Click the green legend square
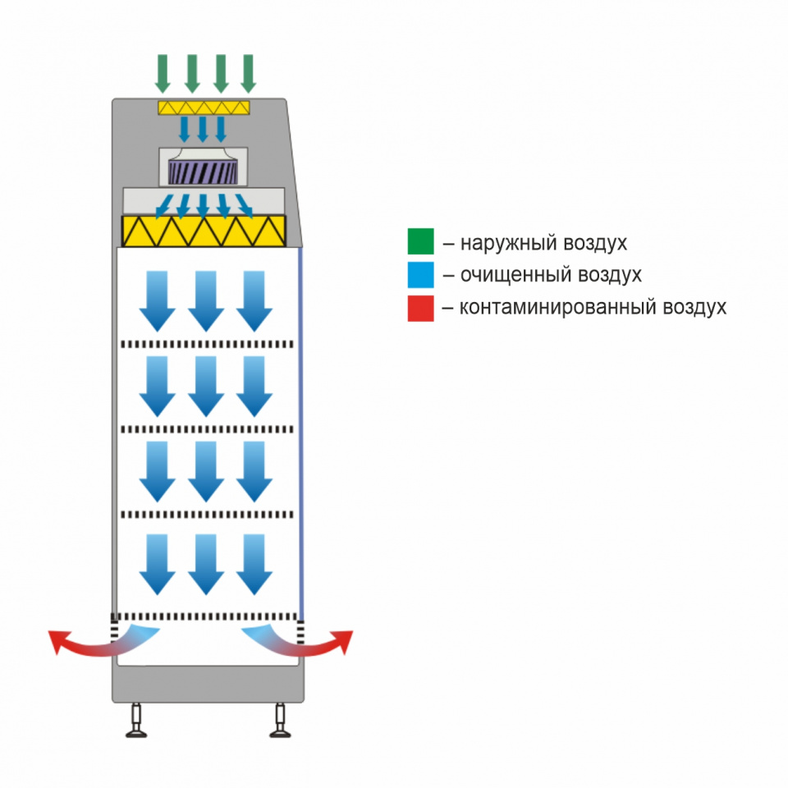point(420,241)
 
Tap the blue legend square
point(420,275)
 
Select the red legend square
point(420,308)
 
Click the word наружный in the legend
point(509,243)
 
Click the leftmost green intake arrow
point(163,74)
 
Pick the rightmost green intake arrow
point(248,74)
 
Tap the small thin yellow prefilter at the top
point(204,108)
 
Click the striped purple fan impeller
point(203,172)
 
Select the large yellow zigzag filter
point(204,231)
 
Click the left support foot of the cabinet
point(136,720)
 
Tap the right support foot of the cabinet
point(281,720)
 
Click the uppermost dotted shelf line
point(207,344)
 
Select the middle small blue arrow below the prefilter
point(203,129)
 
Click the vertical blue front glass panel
point(301,433)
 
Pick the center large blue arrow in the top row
point(206,301)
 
